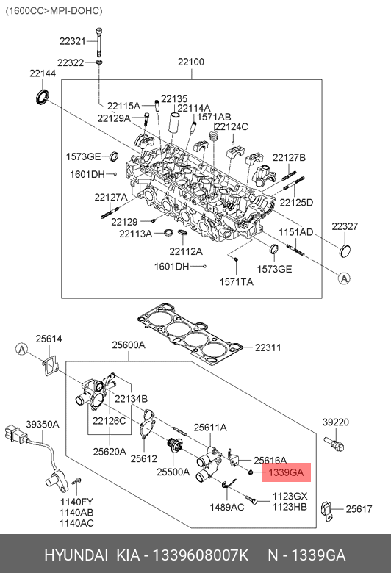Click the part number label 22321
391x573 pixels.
pos(73,41)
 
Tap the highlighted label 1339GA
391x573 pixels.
pos(286,472)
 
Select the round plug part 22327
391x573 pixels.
pos(345,251)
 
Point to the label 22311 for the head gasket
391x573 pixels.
pos(268,347)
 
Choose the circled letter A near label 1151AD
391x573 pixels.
pos(344,278)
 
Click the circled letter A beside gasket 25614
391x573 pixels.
pos(22,350)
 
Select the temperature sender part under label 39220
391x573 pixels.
pos(334,443)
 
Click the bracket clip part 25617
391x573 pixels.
pos(326,510)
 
